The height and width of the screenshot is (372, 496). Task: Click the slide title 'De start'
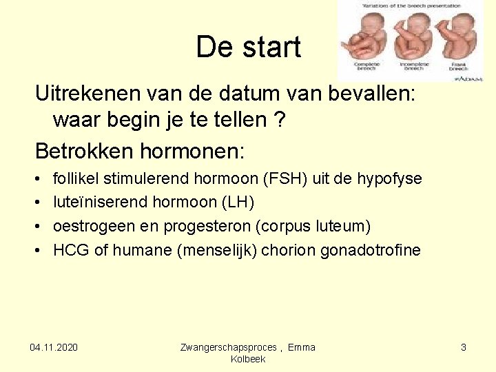tap(248, 48)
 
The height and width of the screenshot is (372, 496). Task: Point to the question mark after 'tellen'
tap(280, 120)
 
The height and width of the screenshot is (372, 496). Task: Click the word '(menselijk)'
tap(217, 250)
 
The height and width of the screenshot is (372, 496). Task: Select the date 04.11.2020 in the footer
tap(54, 347)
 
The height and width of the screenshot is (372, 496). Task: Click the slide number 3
tap(464, 347)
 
